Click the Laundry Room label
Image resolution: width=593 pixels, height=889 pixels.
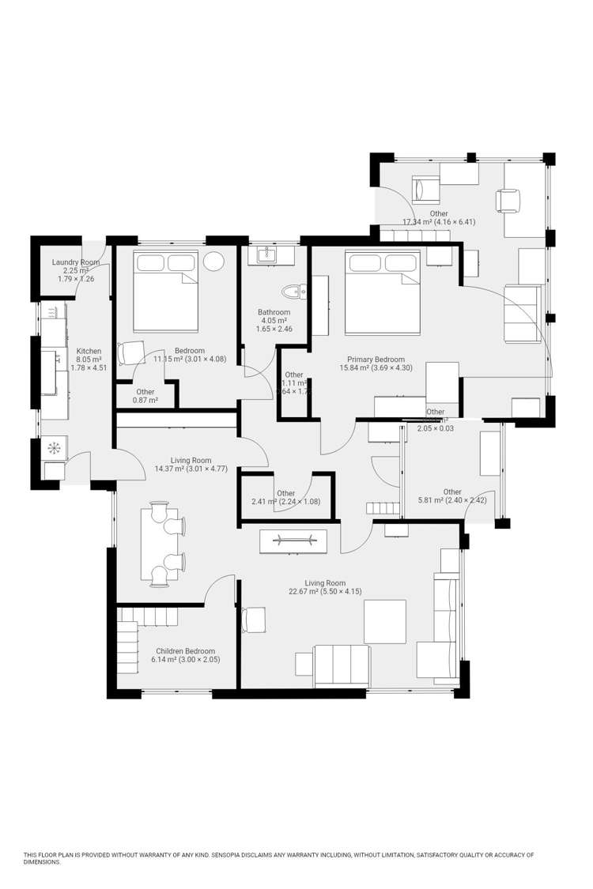tap(76, 262)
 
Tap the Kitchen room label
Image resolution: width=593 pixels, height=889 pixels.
tap(89, 352)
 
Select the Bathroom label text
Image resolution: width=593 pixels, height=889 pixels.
tap(274, 312)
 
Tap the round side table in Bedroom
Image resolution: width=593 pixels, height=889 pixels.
tap(214, 262)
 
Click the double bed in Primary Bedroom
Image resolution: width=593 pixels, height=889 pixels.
tap(383, 292)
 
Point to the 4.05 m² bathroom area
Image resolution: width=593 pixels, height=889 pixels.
tap(274, 321)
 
